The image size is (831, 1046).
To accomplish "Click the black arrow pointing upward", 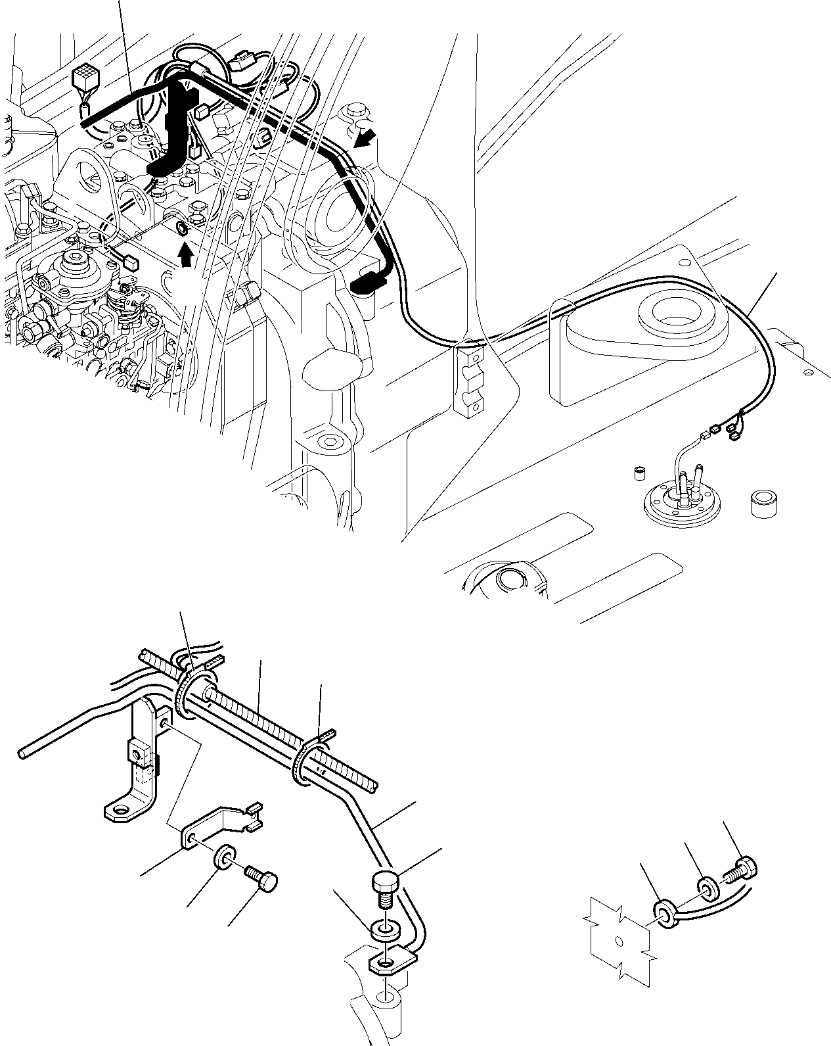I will coord(187,255).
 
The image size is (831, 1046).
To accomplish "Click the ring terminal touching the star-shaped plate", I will coord(664,913).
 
